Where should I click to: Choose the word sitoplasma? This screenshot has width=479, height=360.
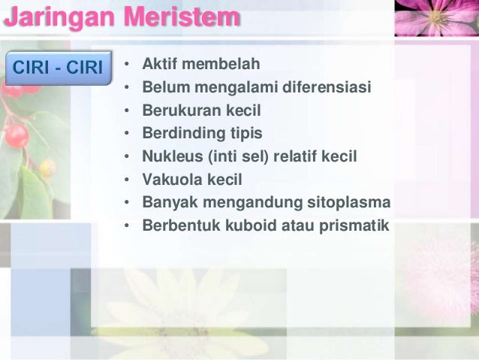(350, 202)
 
